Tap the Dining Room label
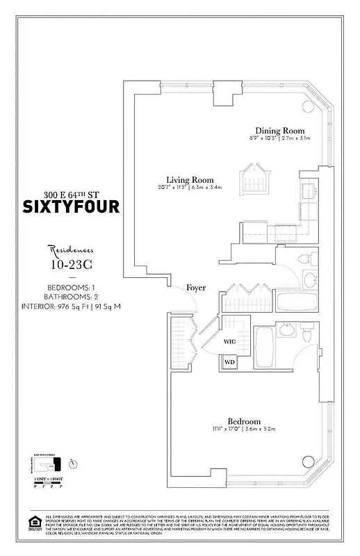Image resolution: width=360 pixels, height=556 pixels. [x=279, y=131]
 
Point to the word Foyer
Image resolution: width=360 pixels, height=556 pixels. [x=196, y=288]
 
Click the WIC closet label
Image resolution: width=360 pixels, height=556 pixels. [x=230, y=342]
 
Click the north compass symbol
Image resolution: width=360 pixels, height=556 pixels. [x=74, y=464]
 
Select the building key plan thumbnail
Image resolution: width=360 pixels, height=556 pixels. [x=51, y=462]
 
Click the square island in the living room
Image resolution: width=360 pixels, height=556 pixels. [x=250, y=182]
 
